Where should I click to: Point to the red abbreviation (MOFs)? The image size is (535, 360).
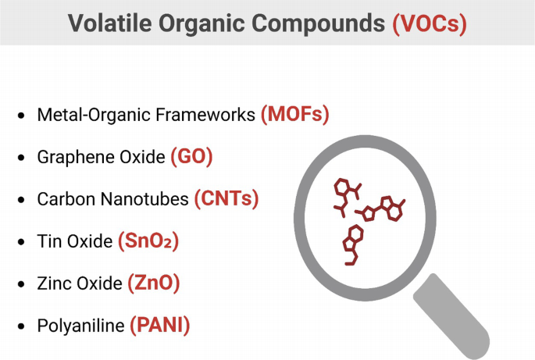[294, 115]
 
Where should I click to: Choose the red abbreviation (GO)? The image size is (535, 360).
[191, 157]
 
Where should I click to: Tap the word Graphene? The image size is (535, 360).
[70, 157]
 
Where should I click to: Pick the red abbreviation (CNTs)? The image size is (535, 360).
[226, 199]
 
